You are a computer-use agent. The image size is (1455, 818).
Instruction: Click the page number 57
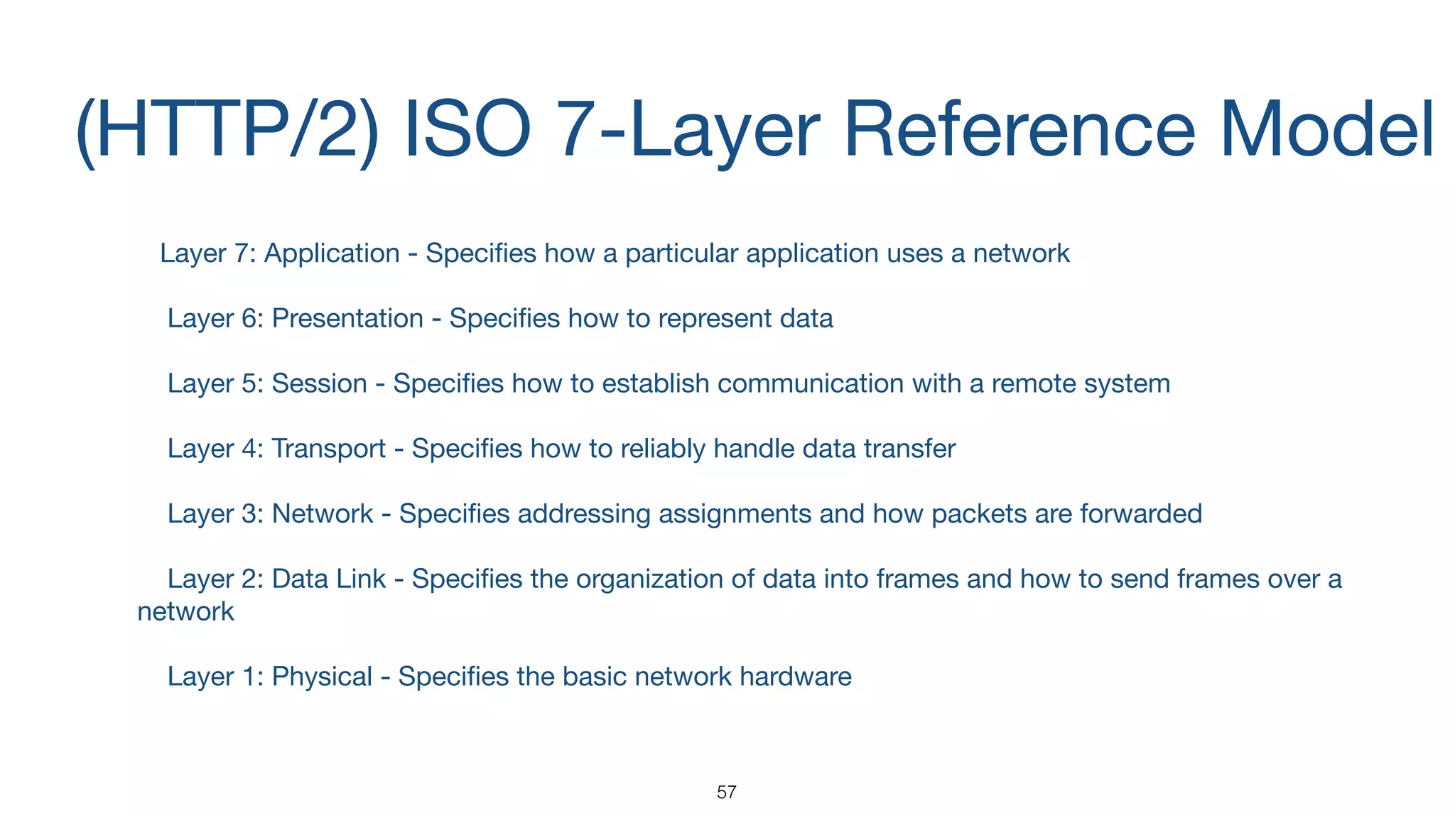tap(726, 792)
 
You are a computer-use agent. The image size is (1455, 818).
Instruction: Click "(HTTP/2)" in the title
tap(227, 129)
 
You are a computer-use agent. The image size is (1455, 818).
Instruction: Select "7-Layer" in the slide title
tap(690, 129)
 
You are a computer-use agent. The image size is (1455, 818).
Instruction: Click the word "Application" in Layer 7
tap(332, 253)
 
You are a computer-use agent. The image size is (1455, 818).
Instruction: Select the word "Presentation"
tap(347, 319)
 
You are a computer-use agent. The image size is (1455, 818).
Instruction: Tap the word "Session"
tap(320, 384)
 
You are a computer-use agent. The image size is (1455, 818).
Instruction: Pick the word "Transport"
tap(329, 449)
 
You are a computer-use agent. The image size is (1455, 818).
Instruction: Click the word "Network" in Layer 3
tap(323, 514)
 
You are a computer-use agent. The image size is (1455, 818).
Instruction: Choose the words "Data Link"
tap(329, 579)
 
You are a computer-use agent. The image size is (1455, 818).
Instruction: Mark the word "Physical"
tap(322, 677)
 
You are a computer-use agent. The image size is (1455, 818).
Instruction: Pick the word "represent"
tap(715, 319)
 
